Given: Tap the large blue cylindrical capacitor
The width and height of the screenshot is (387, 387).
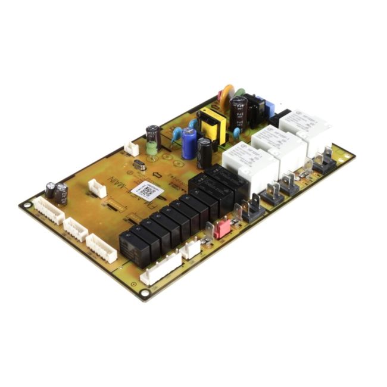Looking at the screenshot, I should coord(189,144).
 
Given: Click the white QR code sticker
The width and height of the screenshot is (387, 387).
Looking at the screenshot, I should coord(147,191).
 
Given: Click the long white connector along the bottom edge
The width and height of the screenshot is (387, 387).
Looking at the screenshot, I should coord(161,269).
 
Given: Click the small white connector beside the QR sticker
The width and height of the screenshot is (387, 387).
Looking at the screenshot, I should coord(96,188).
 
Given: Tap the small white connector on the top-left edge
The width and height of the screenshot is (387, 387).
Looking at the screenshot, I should coord(131,149).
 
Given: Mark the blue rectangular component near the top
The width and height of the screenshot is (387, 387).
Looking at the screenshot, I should coord(268,107).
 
